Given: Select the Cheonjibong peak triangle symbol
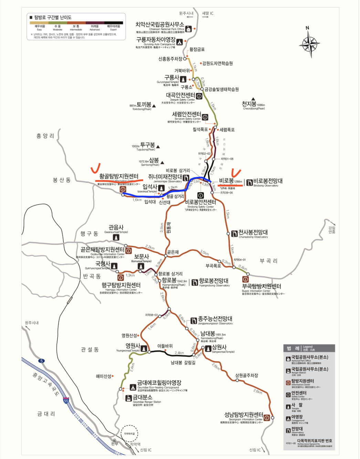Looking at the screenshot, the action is [x=253, y=99].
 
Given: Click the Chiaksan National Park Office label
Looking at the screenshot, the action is [x=160, y=25].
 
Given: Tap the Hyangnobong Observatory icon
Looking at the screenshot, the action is [x=194, y=282].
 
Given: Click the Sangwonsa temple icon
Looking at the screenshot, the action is [x=208, y=348].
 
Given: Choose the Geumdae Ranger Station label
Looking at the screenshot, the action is [x=142, y=397].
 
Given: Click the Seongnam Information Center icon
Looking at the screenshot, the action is [x=266, y=418].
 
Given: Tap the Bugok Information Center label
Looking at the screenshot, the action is [x=262, y=286].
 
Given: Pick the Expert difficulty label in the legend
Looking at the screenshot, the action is [x=113, y=26].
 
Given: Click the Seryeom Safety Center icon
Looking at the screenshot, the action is [x=205, y=117].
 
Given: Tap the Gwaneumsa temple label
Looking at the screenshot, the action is [x=116, y=228].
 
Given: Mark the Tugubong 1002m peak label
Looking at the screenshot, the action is [x=147, y=145].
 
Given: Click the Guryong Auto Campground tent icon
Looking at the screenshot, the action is [x=179, y=42].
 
